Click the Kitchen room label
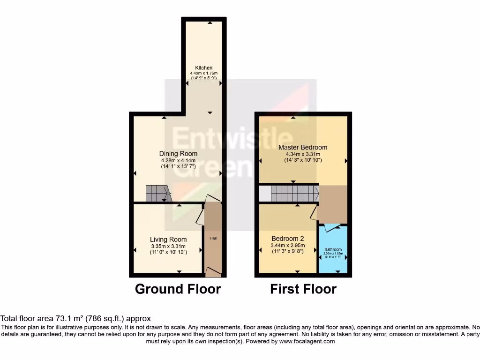click(204, 68)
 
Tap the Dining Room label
click(178, 154)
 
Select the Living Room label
click(168, 240)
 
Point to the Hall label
click(213, 239)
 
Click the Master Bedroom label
click(303, 147)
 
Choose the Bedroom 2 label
click(288, 238)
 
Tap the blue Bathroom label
click(333, 249)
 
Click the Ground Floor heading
click(178, 289)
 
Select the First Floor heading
click(303, 289)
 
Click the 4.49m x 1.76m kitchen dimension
click(204, 74)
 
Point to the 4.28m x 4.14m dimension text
click(178, 160)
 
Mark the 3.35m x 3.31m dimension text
click(168, 246)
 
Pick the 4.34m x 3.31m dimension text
click(303, 154)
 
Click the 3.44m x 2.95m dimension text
click(288, 245)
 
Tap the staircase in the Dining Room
click(157, 193)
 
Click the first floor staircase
click(294, 192)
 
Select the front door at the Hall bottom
click(213, 270)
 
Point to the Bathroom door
click(333, 228)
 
